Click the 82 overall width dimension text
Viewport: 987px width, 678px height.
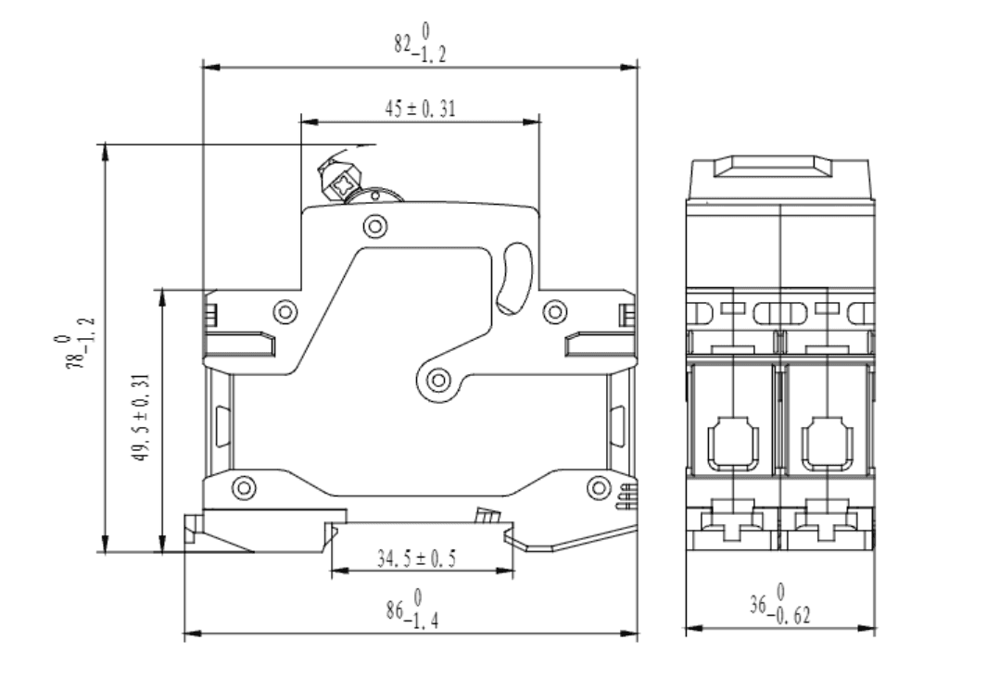[421, 43]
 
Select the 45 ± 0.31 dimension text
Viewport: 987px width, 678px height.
[420, 108]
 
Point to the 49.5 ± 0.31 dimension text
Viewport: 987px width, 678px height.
[142, 417]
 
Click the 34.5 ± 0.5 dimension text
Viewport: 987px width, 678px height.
[416, 558]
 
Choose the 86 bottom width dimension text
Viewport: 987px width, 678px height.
[412, 609]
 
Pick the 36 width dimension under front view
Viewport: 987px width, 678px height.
[780, 605]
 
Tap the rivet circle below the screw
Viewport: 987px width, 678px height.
[375, 226]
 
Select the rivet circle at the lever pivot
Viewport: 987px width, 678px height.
[438, 380]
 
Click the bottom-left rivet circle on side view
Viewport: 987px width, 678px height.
[245, 487]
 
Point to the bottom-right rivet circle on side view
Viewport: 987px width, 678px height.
[599, 487]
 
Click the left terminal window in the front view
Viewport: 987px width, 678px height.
[733, 444]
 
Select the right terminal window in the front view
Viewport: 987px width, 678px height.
[828, 444]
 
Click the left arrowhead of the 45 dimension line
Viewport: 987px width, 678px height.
[310, 121]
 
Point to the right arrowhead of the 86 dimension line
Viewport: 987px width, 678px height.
[629, 633]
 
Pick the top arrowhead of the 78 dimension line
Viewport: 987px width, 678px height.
[105, 153]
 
